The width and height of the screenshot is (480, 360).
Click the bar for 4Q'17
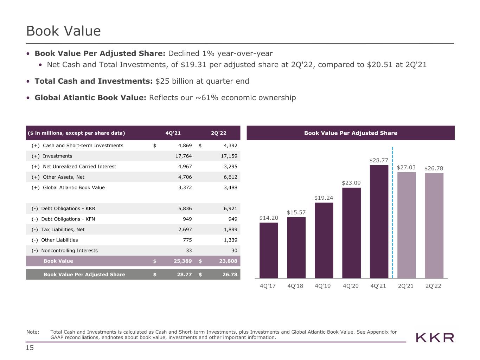pyautogui.click(x=269, y=250)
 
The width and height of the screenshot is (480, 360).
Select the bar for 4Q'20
pyautogui.click(x=351, y=233)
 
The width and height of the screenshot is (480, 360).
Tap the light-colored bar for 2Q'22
pyautogui.click(x=434, y=226)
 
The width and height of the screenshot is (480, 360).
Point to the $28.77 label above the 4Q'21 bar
pyautogui.click(x=378, y=160)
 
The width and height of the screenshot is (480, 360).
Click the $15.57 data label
pyautogui.click(x=296, y=212)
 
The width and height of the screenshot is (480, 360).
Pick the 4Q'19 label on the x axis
pyautogui.click(x=322, y=286)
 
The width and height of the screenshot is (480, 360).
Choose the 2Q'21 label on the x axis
pyautogui.click(x=406, y=286)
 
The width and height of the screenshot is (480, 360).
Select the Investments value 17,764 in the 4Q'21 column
pyautogui.click(x=184, y=156)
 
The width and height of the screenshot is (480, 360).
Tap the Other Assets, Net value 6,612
pyautogui.click(x=230, y=177)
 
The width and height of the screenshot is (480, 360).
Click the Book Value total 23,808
pyautogui.click(x=228, y=261)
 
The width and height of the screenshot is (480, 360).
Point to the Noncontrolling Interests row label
pyautogui.click(x=69, y=250)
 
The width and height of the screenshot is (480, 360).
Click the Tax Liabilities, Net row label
pyautogui.click(x=63, y=229)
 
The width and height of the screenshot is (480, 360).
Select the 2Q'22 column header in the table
pyautogui.click(x=218, y=133)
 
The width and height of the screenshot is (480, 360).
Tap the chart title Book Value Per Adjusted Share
pyautogui.click(x=351, y=133)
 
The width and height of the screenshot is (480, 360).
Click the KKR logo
pyautogui.click(x=435, y=338)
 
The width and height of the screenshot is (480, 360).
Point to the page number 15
pyautogui.click(x=30, y=348)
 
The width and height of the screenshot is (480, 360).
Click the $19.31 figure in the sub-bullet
pyautogui.click(x=193, y=64)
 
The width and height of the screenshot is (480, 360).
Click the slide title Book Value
pyautogui.click(x=63, y=31)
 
